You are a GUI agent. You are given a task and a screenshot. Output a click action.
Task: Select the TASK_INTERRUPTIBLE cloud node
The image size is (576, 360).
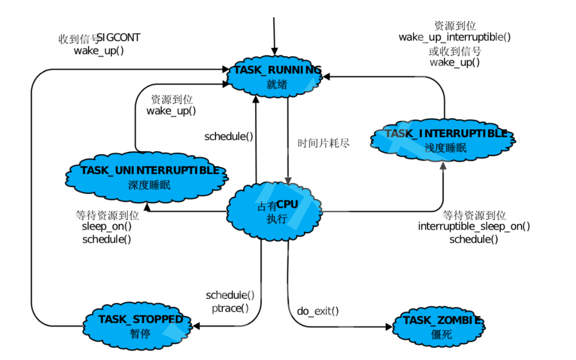click(443, 140)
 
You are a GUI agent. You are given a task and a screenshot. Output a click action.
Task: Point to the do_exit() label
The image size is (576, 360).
click(318, 311)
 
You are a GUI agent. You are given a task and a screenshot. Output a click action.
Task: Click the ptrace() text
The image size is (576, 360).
click(230, 308)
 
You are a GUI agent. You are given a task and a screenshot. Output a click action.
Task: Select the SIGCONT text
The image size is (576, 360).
click(118, 38)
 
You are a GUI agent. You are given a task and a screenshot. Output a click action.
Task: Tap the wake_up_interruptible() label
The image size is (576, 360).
click(454, 37)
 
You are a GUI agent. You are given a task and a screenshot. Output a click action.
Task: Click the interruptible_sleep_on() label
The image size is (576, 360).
click(474, 226)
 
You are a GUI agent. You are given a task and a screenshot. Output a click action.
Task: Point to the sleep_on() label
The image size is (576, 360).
click(107, 226)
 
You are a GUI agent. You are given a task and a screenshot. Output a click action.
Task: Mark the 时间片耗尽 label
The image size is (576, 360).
click(323, 143)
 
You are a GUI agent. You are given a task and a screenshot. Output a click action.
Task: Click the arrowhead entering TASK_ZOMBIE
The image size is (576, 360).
click(389, 327)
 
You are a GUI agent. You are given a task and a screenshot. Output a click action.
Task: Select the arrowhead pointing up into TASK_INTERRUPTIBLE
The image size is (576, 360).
click(443, 166)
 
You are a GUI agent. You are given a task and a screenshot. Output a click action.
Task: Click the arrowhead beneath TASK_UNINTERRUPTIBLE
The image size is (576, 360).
click(147, 207)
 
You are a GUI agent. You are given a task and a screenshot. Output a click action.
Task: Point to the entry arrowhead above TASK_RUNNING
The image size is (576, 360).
click(275, 51)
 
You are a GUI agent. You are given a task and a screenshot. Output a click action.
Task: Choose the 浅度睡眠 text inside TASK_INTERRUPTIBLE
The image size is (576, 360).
click(445, 148)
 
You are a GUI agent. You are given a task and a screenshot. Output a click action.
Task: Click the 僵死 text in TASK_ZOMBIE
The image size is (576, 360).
click(441, 334)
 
